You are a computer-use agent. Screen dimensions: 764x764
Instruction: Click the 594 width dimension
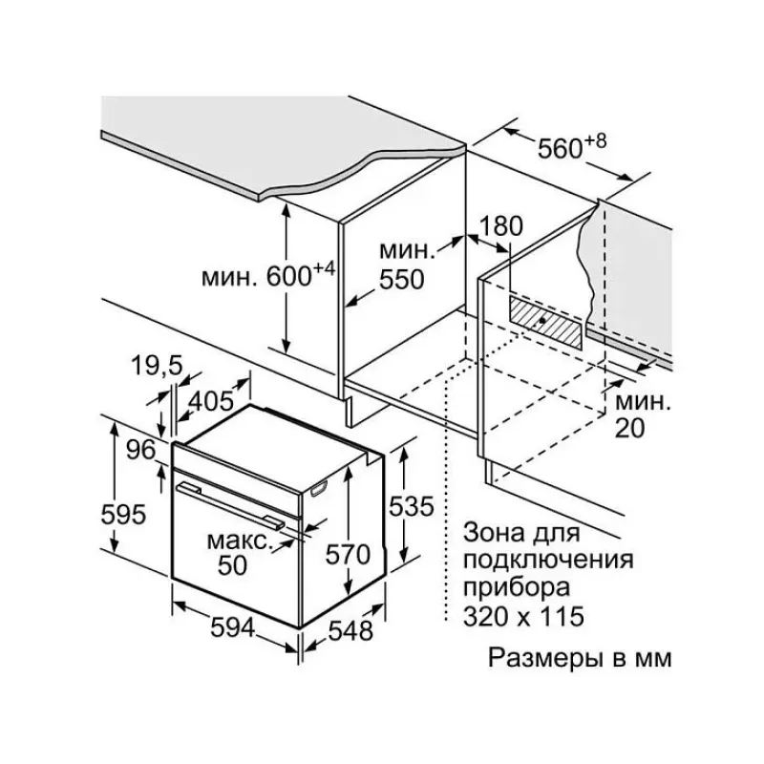233,627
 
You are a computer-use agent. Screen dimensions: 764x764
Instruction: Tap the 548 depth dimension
350,631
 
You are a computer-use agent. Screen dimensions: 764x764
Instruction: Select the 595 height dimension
123,515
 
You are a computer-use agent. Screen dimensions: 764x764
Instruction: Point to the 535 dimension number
411,506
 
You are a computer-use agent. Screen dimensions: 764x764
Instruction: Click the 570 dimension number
348,555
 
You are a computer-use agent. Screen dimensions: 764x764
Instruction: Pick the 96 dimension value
140,450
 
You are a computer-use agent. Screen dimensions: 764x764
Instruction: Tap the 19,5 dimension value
157,366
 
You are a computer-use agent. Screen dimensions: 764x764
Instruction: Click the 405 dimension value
211,401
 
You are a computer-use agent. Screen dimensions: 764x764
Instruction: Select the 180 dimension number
501,226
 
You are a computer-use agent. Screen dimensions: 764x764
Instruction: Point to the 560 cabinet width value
560,148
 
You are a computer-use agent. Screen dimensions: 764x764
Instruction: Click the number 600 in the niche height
289,276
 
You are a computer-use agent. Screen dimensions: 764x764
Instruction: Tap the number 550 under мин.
402,280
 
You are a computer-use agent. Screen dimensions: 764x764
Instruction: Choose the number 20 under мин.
629,428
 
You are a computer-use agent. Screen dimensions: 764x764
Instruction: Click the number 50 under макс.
232,565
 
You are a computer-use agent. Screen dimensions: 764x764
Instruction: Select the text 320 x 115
523,616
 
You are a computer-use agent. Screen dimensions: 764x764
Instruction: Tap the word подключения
548,560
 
